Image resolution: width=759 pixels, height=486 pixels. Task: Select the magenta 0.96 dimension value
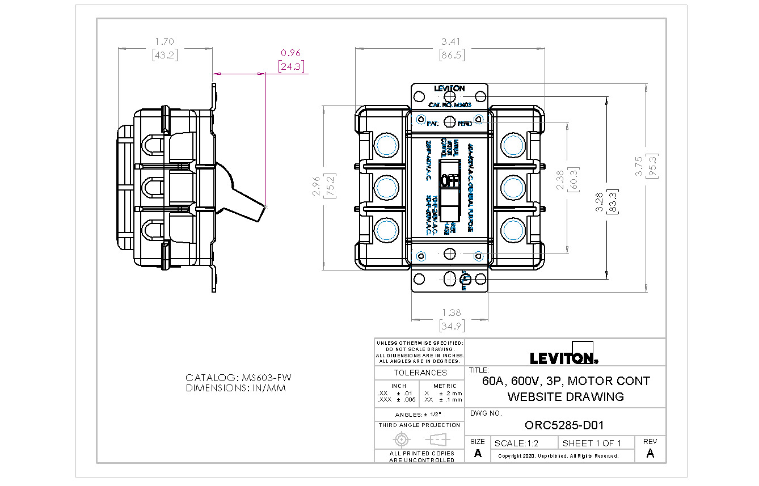tap(290, 53)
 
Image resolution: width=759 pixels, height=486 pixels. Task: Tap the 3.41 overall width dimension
tap(452, 41)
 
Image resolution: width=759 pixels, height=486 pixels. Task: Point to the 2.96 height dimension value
tap(316, 185)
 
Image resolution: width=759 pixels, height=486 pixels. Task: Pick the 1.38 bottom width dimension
tap(452, 312)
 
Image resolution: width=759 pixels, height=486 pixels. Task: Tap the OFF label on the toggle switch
tap(450, 181)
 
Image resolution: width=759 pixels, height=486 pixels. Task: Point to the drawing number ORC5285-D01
tap(564, 425)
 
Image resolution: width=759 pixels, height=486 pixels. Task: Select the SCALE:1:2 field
tap(517, 443)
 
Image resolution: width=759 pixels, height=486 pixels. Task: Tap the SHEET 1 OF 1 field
tap(592, 443)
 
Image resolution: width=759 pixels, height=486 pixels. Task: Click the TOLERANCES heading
tap(420, 373)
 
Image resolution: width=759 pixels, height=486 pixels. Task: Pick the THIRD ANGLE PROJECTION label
tap(419, 425)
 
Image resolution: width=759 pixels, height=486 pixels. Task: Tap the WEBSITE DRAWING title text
tap(566, 396)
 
